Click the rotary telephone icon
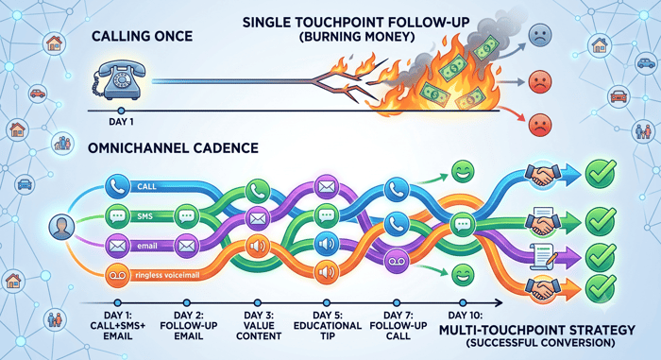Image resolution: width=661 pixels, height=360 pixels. [x=118, y=79]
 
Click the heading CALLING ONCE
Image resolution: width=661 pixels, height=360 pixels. [x=142, y=36]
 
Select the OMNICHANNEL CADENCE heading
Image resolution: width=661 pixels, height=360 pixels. [x=173, y=148]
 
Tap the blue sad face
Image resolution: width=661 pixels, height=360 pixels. [x=539, y=35]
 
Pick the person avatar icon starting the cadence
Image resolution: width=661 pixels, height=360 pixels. [x=61, y=227]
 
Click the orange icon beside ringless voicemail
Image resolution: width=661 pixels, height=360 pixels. [x=117, y=276]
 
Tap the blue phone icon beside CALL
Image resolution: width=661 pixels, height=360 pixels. [x=117, y=186]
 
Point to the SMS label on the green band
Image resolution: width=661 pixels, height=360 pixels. [x=144, y=216]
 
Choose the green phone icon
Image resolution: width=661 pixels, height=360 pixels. [x=258, y=191]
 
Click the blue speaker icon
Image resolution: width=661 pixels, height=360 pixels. [x=327, y=244]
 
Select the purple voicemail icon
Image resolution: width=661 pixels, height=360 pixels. [x=397, y=261]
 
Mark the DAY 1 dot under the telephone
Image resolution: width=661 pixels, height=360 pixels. [x=121, y=111]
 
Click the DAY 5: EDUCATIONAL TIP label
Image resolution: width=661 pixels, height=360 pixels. [x=328, y=326]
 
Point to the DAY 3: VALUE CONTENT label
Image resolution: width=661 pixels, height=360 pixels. [x=259, y=326]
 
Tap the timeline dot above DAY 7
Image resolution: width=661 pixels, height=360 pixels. [x=397, y=302]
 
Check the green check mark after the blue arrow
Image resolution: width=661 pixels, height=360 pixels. [x=601, y=174]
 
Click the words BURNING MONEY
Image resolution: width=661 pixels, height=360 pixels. [x=357, y=37]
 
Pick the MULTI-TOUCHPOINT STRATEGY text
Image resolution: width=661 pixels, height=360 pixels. [x=537, y=330]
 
